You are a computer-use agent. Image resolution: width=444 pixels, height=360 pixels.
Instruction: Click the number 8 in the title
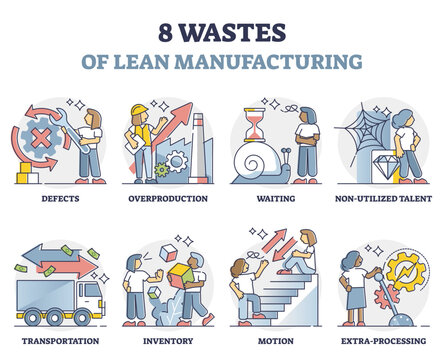coord(146,30)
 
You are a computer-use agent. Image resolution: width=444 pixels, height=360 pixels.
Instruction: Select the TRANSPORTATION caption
coord(55,339)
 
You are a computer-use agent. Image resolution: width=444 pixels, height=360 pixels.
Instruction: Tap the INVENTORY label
coord(167,339)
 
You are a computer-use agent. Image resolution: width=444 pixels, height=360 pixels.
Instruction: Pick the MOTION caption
coord(276,339)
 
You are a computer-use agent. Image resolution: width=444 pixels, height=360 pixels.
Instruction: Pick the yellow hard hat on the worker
coord(139,110)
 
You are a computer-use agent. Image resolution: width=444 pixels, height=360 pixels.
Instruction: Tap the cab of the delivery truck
coord(89,295)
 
